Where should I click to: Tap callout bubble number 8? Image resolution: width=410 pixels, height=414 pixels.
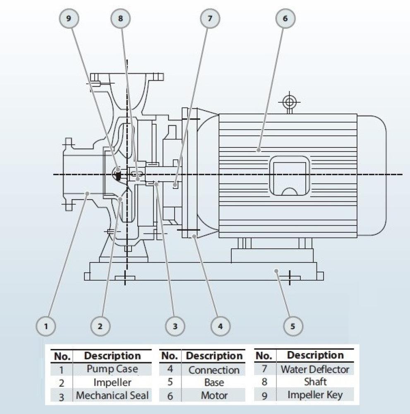click(120, 18)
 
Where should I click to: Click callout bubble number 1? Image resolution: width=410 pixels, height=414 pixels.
click(46, 326)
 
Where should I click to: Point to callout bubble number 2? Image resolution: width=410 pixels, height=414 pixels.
click(100, 326)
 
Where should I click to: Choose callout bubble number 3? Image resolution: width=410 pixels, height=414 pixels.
click(175, 326)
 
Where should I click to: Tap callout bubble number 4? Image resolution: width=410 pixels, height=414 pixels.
click(220, 326)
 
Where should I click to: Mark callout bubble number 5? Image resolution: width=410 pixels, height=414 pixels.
click(293, 326)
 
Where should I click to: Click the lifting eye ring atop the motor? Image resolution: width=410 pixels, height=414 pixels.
click(288, 101)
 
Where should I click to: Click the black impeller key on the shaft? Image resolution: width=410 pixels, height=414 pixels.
click(118, 175)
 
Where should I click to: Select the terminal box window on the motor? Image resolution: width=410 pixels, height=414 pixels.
click(290, 176)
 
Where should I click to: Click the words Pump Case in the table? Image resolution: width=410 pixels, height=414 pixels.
click(112, 368)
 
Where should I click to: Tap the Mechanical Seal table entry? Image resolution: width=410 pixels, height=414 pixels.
click(112, 395)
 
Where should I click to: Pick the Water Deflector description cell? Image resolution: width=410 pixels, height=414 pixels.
click(315, 368)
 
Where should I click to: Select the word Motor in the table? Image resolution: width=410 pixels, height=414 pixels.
click(214, 395)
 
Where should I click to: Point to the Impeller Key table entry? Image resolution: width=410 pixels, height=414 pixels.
click(315, 395)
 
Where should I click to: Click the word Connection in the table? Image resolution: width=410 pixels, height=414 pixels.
click(214, 370)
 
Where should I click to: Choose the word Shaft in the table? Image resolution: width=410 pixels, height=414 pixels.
click(315, 381)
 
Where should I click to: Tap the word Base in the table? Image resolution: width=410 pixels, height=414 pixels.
click(214, 383)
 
